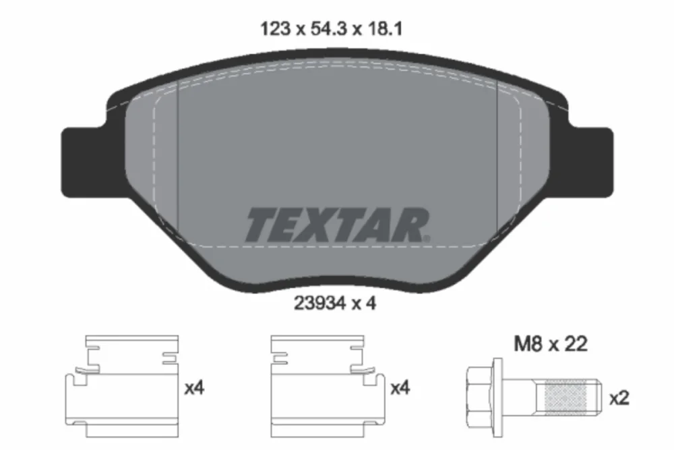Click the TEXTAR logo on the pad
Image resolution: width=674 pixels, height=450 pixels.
pos(338,225)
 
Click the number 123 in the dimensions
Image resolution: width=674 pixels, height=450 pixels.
pos(276,29)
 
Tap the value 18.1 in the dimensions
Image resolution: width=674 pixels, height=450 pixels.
pos(384,29)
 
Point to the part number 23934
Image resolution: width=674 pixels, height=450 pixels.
pos(319,304)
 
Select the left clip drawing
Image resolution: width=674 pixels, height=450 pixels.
pos(121,387)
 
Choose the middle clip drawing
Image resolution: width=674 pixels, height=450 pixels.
pos(328,387)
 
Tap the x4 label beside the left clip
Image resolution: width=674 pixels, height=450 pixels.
pos(194,389)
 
